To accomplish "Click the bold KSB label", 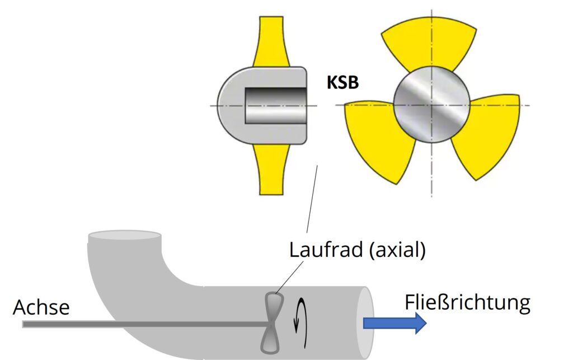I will (x=342, y=83).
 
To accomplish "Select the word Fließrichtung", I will (x=467, y=303).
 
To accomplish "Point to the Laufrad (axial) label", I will (x=357, y=249).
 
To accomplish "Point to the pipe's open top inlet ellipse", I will (x=125, y=236).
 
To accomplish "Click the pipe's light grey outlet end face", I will (x=366, y=322).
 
